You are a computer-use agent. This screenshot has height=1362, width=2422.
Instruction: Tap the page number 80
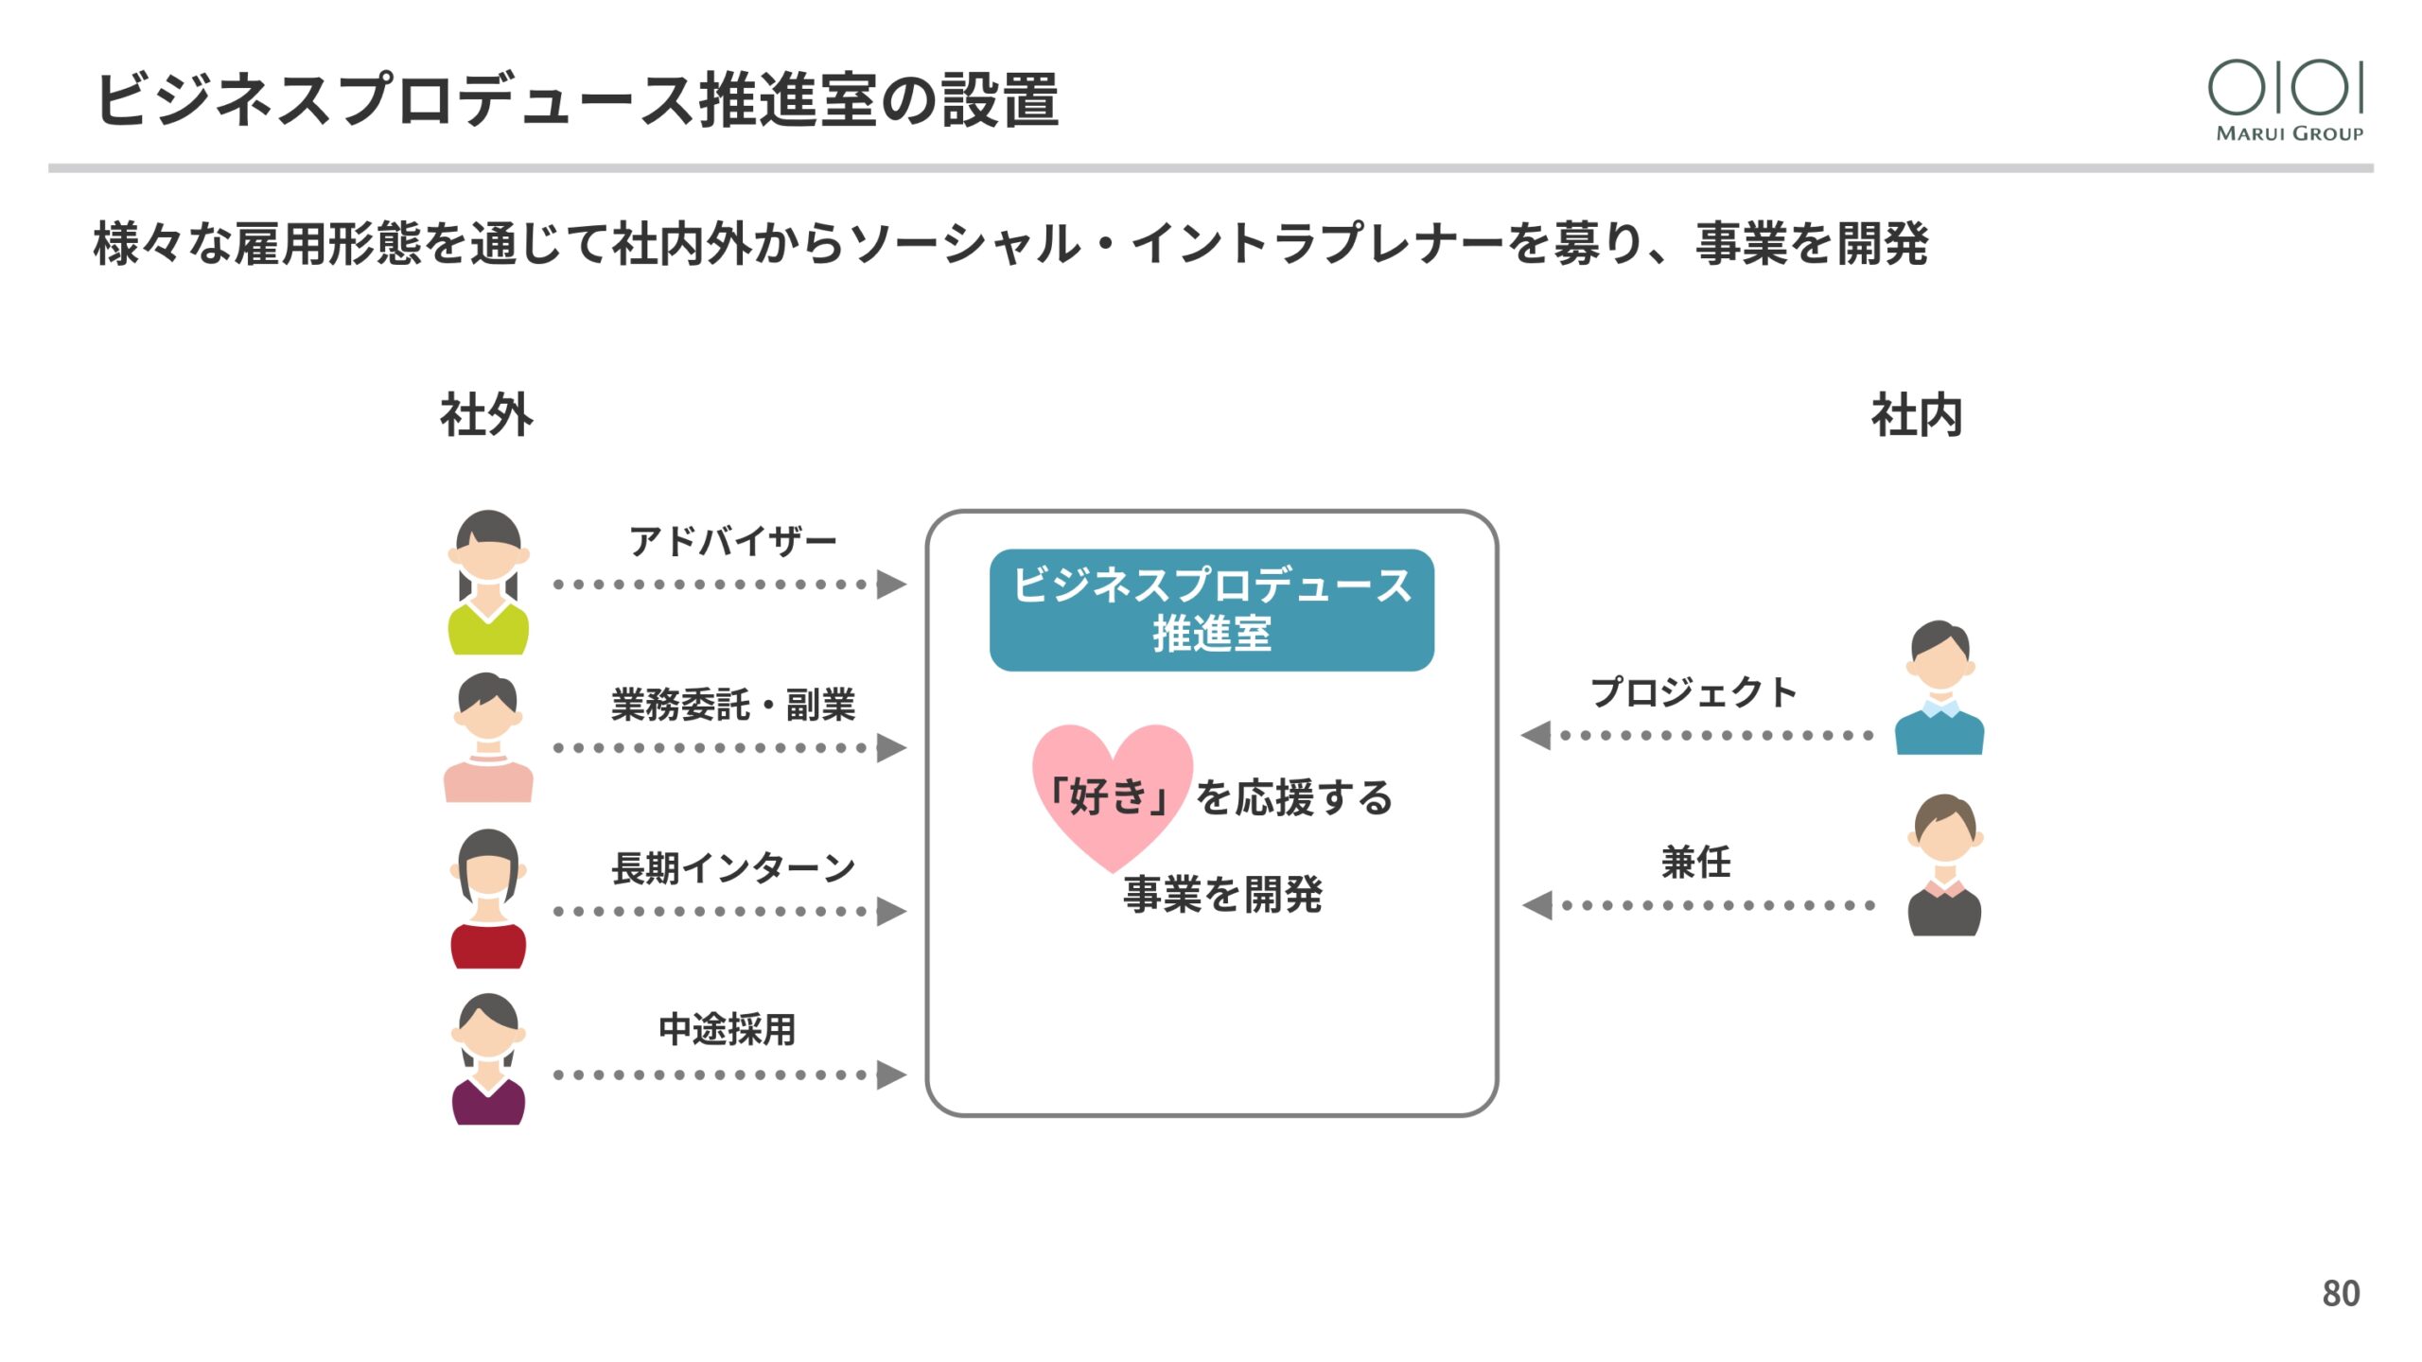(x=2341, y=1293)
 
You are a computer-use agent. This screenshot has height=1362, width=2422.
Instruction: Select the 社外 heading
(x=486, y=415)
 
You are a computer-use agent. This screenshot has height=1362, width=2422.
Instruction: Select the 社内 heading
(x=1917, y=415)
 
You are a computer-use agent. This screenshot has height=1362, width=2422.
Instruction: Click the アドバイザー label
(x=732, y=542)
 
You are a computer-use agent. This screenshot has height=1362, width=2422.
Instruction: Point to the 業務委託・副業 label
(x=732, y=705)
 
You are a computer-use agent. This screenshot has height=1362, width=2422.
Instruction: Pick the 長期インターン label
(x=732, y=867)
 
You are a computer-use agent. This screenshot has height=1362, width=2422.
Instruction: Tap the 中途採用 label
(x=727, y=1029)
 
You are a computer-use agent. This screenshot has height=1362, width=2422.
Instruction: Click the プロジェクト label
(x=1693, y=692)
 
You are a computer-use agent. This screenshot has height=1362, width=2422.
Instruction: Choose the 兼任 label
(x=1695, y=862)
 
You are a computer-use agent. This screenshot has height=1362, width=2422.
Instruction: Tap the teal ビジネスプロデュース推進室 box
(x=1211, y=610)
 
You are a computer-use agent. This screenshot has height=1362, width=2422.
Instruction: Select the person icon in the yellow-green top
(x=488, y=583)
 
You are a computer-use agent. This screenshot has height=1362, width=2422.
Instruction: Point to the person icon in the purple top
(x=488, y=1059)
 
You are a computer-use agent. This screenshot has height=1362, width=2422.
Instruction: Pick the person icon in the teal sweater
(x=1939, y=688)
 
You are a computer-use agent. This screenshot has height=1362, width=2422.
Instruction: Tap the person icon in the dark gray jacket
(x=1944, y=865)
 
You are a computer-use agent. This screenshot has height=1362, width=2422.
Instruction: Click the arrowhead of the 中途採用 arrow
(x=890, y=1074)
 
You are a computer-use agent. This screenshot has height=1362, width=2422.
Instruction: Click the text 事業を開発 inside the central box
(x=1222, y=894)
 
